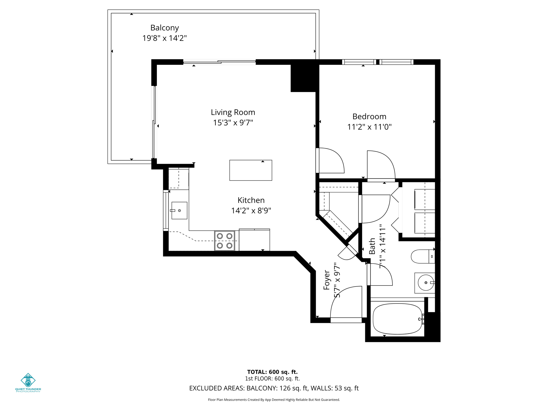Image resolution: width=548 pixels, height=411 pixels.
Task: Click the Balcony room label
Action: coord(164,28)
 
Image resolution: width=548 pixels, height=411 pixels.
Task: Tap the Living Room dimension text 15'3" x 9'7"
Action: coord(233,123)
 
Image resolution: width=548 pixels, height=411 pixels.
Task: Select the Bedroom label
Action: coord(369,116)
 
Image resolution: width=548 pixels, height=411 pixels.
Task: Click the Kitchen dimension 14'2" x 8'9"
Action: coord(251,211)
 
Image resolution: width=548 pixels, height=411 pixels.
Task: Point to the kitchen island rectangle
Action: coord(250,170)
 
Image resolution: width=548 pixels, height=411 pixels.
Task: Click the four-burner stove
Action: coord(224,241)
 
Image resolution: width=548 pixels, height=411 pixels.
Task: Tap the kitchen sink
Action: coord(179,211)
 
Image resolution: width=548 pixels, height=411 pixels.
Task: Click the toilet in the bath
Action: coord(422,256)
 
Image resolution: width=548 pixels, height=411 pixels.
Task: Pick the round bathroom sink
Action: coord(425,283)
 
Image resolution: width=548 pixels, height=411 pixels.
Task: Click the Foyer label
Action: coord(327,280)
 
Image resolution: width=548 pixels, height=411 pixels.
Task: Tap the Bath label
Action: coord(372,246)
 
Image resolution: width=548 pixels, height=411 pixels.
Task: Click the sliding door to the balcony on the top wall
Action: coord(219,62)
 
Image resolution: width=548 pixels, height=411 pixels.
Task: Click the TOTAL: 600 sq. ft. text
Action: coord(272,372)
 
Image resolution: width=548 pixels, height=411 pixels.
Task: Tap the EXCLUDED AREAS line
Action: coord(274,388)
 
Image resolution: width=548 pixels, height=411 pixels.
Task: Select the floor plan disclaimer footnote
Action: coord(274,400)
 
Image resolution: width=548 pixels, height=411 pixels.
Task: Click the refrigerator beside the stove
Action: coord(254,240)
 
